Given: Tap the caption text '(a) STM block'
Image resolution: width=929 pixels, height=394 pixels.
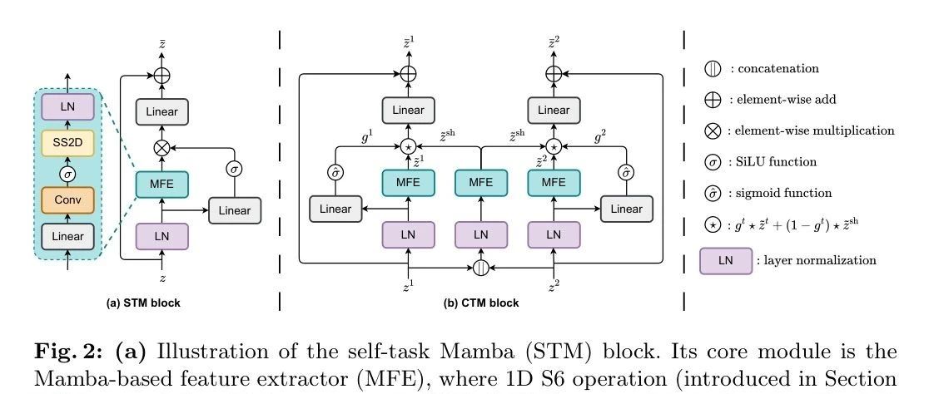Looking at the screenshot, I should tap(144, 303).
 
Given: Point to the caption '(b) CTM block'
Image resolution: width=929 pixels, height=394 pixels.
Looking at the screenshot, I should tap(481, 303).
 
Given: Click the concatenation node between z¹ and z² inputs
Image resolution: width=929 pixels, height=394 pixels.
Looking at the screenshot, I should tap(481, 268).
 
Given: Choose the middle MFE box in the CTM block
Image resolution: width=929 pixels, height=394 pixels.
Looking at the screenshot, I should tap(481, 182).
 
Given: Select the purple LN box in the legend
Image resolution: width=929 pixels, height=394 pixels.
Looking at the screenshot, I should tap(725, 260).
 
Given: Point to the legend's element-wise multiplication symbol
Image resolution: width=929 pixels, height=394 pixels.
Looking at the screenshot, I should tap(713, 131).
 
